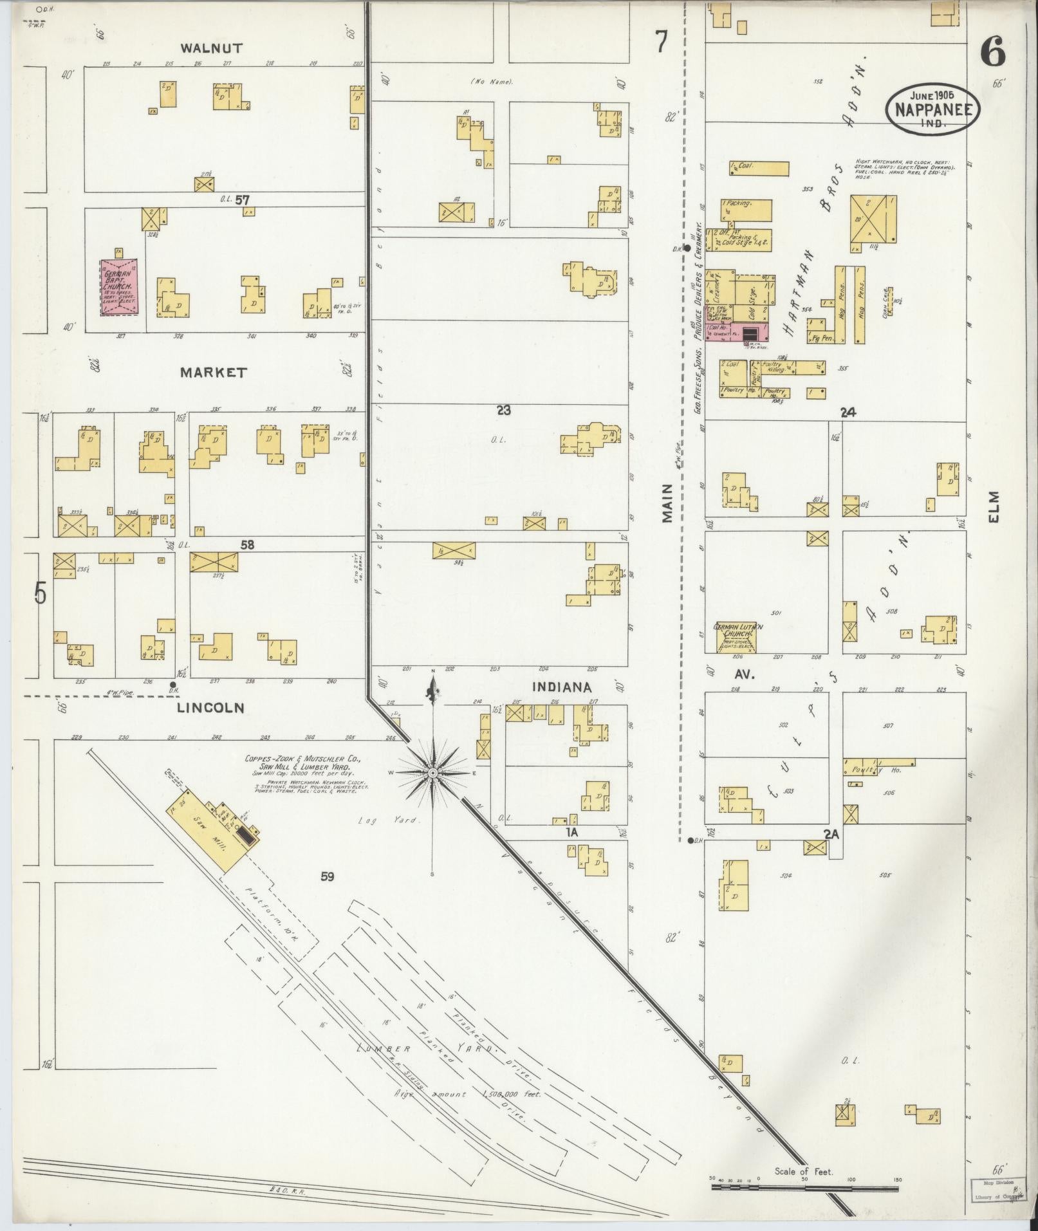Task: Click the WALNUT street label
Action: point(210,48)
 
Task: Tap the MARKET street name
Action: point(213,373)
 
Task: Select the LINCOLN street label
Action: point(210,708)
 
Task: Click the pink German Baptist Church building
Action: point(119,287)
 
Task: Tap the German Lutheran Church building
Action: point(736,636)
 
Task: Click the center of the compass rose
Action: point(433,772)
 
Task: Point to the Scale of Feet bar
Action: point(804,1185)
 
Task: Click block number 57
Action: point(242,200)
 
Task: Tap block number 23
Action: point(503,410)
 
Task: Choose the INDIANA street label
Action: point(562,688)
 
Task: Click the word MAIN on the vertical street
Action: point(667,503)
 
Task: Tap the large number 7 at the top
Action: point(661,43)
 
